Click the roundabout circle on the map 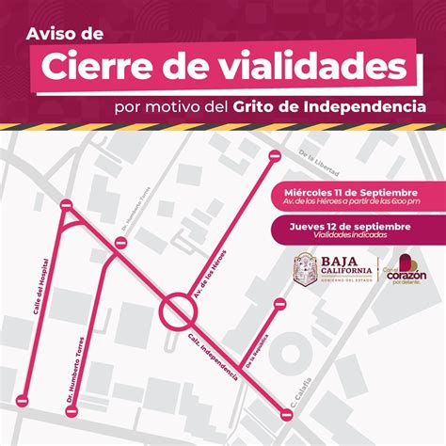(x=176, y=310)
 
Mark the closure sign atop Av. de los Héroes (x=274, y=156)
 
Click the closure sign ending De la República (x=279, y=303)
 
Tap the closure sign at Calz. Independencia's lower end (x=286, y=412)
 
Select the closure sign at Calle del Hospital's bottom (x=23, y=401)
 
